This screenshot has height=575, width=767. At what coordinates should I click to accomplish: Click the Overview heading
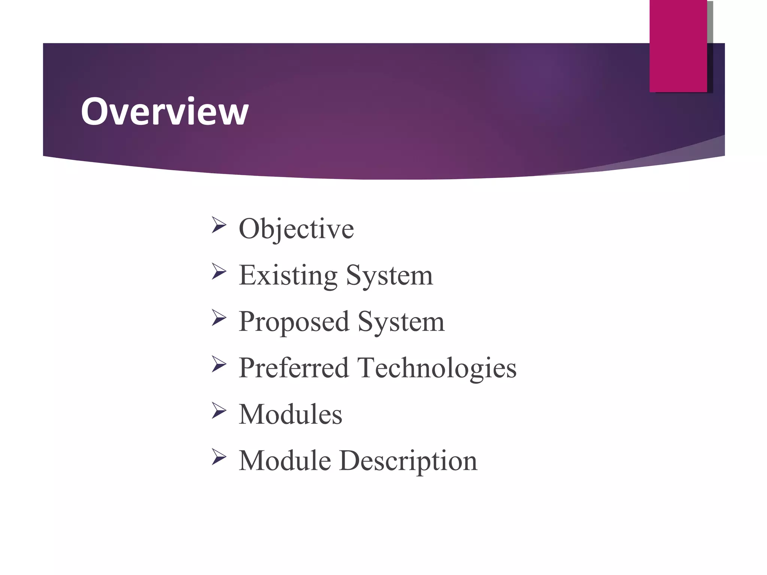click(164, 111)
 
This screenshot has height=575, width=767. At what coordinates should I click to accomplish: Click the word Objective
click(296, 229)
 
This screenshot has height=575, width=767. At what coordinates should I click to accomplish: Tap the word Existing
click(288, 275)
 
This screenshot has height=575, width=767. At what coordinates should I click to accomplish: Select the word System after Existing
click(389, 276)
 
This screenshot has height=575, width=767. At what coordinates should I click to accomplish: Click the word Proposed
click(294, 322)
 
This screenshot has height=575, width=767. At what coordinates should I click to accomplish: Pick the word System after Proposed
click(401, 322)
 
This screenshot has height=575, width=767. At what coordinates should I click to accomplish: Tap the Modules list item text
click(290, 414)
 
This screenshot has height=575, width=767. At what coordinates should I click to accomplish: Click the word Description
click(408, 461)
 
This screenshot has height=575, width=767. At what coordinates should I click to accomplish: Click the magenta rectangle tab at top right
click(678, 46)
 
